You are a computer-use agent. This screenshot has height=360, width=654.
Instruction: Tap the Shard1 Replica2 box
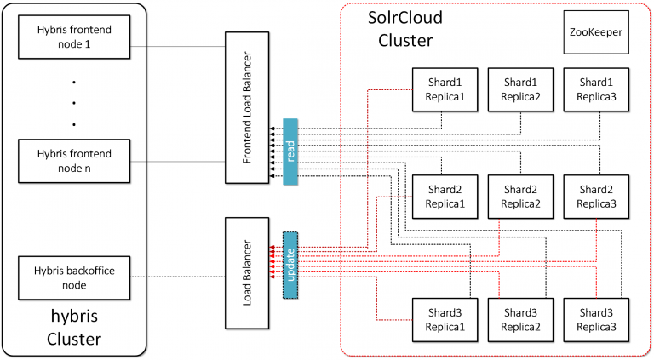coord(520,89)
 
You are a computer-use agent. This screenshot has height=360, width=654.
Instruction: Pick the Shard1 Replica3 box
coord(596,89)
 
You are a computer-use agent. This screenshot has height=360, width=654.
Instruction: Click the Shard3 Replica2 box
coord(520,320)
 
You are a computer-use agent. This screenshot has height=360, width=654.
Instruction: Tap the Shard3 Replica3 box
coord(596,320)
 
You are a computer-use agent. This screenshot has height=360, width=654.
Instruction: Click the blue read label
coord(290,151)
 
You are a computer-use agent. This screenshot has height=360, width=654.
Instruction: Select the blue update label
coord(290,265)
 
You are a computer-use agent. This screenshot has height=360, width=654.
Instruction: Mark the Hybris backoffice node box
coord(75,277)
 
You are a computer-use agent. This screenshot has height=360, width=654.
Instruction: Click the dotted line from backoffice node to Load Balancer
coord(179,277)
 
